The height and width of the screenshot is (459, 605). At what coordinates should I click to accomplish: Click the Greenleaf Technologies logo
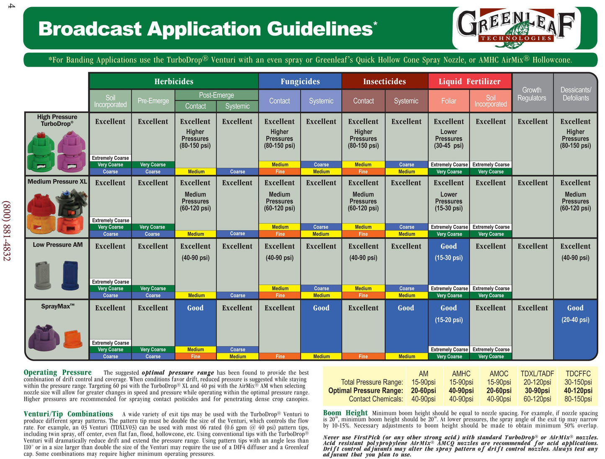[515, 28]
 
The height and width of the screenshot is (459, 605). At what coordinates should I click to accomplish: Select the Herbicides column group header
[174, 81]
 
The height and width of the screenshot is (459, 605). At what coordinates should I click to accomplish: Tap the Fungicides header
[300, 81]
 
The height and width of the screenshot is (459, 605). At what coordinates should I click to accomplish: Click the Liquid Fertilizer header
[469, 81]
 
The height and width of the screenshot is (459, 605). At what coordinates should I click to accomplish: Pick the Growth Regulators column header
[532, 94]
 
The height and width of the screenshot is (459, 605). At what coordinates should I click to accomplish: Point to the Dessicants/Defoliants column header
[576, 94]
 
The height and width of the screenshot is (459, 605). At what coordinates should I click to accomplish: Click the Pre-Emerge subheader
[153, 101]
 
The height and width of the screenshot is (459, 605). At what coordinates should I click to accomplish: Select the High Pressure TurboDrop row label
[57, 120]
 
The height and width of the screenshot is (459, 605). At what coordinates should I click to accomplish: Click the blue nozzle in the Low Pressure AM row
[70, 275]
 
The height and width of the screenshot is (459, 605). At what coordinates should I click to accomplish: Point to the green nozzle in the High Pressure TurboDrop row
[41, 152]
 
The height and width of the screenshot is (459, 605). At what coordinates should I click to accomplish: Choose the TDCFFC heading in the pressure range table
[578, 373]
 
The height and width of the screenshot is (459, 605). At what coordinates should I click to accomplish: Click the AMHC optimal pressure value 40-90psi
[461, 391]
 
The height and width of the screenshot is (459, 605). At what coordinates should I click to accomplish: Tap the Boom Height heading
[345, 412]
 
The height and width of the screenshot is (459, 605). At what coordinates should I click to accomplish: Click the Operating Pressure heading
[58, 372]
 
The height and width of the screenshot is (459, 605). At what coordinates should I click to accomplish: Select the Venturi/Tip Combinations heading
[68, 414]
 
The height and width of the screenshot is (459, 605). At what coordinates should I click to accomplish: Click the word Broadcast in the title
[90, 29]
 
